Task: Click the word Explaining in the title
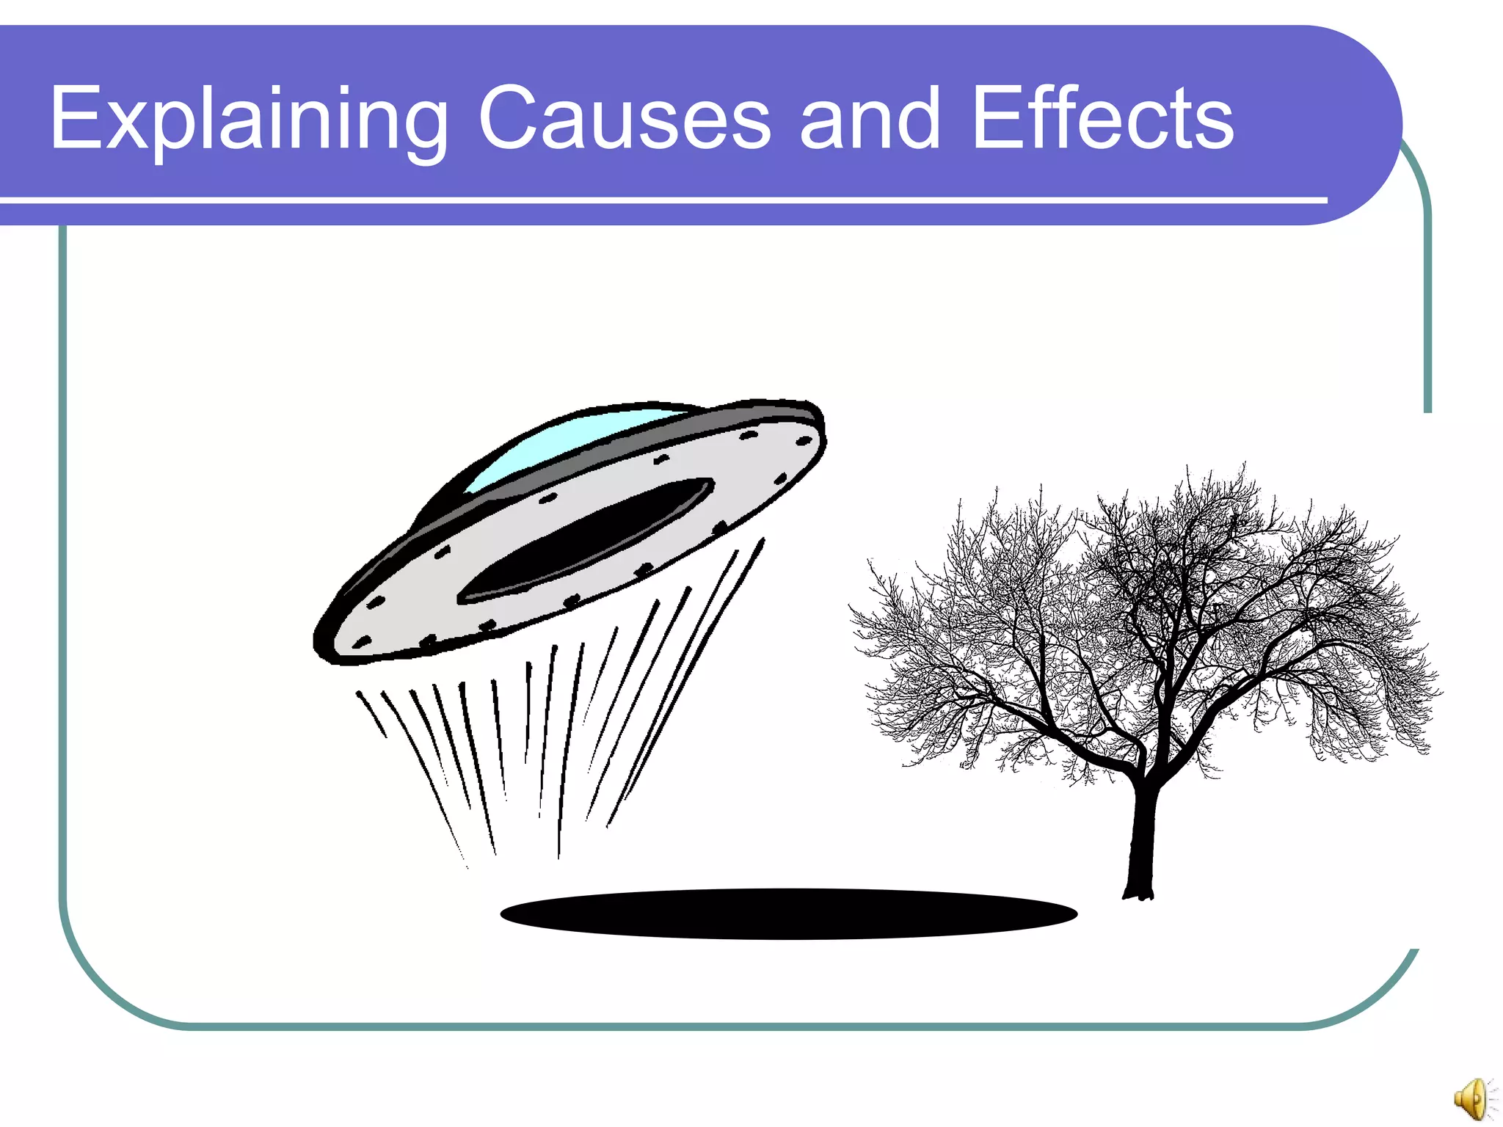pos(248,119)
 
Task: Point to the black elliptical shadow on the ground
pos(789,913)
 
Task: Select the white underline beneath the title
pos(660,200)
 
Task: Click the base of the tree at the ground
pos(1138,894)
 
